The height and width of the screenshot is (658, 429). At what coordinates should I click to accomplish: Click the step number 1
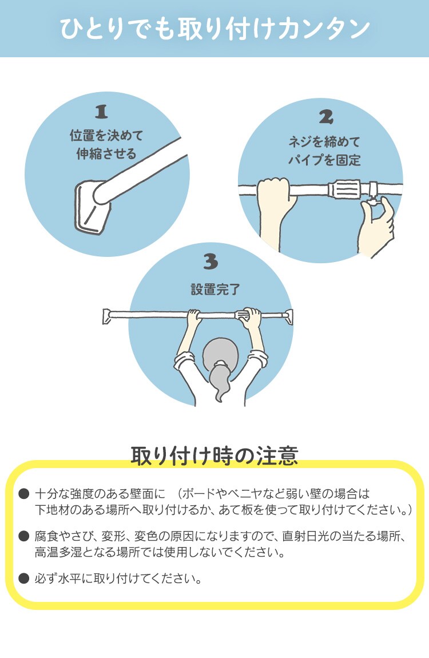tap(101, 112)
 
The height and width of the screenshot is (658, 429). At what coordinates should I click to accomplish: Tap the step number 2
tap(325, 117)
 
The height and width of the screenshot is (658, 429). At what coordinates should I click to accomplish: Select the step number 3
tap(210, 261)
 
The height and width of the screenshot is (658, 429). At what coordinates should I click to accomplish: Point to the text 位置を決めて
tap(106, 136)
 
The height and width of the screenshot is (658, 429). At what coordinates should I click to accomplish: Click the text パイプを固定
tap(324, 160)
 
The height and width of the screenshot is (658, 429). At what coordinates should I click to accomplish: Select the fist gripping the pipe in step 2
tap(273, 192)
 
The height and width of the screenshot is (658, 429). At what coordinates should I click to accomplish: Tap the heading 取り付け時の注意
tap(214, 456)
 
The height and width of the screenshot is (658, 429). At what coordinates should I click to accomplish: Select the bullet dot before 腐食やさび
tap(23, 536)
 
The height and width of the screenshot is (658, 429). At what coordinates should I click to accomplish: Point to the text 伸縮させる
tap(106, 154)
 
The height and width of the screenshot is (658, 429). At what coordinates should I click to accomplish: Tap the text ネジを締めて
tap(324, 141)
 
